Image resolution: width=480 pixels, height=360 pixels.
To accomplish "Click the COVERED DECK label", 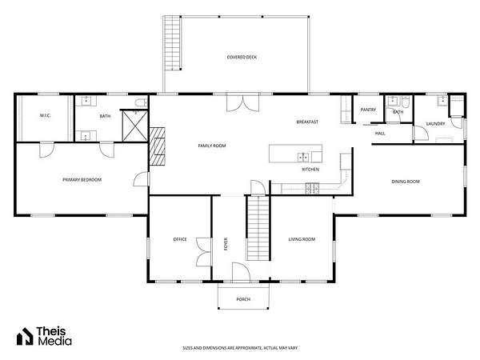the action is [242, 58].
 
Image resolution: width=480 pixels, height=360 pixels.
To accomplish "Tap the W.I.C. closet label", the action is [45, 116].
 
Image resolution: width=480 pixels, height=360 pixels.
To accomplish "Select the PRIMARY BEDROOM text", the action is [82, 180].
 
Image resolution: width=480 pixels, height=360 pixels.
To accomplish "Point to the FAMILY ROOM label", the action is [212, 146].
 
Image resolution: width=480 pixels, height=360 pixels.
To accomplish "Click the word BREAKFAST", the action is [307, 122].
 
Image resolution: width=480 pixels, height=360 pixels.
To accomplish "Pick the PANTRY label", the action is [368, 110].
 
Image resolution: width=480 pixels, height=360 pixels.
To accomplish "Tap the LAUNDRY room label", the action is [436, 124].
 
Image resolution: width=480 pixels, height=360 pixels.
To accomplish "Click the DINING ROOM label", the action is [406, 182].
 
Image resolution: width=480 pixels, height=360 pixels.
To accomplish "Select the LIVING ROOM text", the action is [302, 239].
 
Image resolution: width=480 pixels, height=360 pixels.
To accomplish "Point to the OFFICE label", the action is [180, 239].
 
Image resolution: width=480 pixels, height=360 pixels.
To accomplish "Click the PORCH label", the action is [243, 299].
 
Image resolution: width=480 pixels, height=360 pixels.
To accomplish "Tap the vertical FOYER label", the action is [226, 244].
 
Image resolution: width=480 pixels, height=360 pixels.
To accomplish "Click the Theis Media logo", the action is [44, 336].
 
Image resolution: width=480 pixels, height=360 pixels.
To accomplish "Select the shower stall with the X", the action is [135, 126].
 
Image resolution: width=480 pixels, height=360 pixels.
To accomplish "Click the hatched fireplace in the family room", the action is [158, 146].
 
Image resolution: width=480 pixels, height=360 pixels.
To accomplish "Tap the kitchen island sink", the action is [303, 158].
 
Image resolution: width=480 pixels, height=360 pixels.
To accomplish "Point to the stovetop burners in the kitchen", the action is [312, 188].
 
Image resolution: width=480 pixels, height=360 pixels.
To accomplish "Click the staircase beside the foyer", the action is [258, 228].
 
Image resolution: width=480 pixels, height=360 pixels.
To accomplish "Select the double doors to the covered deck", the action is [242, 103].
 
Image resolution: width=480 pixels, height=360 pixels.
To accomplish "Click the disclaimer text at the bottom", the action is [240, 348].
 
